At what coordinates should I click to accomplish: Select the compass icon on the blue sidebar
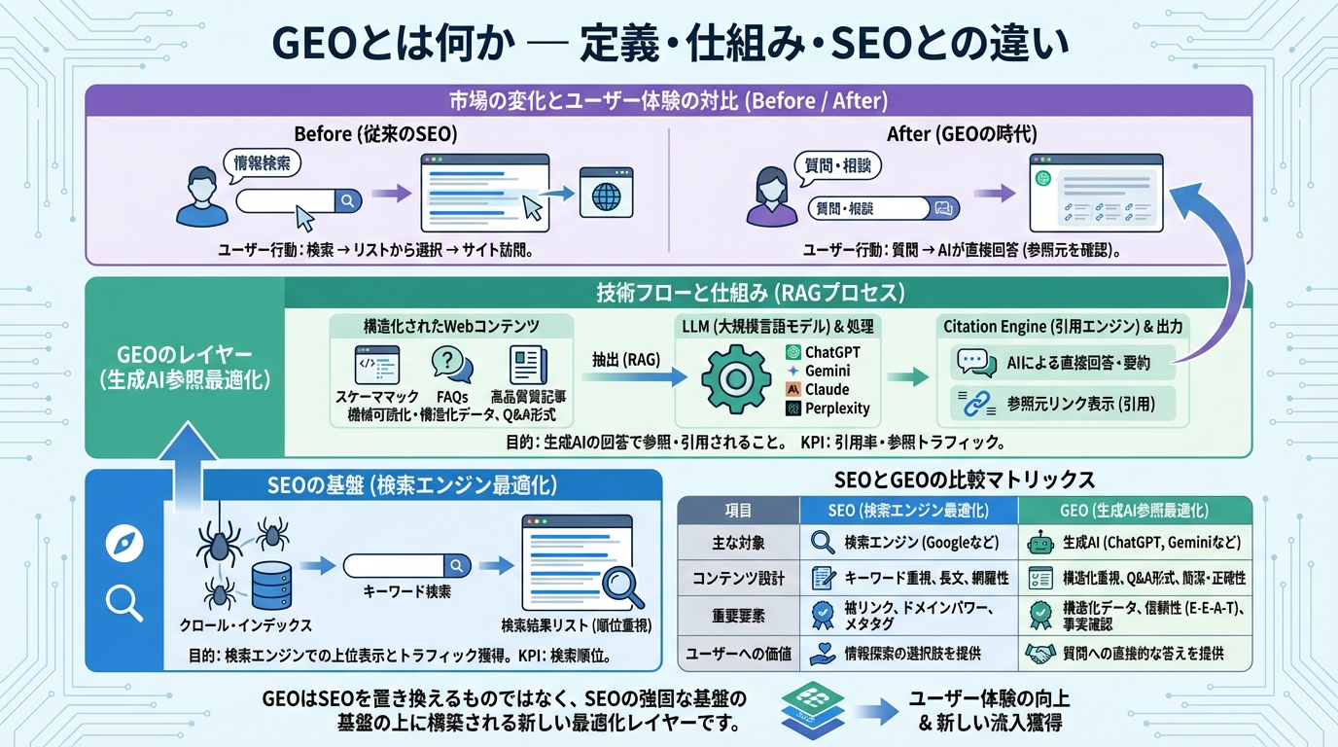click(123, 544)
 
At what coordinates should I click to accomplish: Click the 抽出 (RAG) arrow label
click(626, 359)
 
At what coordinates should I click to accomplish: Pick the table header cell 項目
click(738, 510)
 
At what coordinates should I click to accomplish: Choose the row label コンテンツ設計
click(738, 577)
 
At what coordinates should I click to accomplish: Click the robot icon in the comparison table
click(1039, 543)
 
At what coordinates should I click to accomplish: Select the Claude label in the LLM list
click(827, 389)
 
